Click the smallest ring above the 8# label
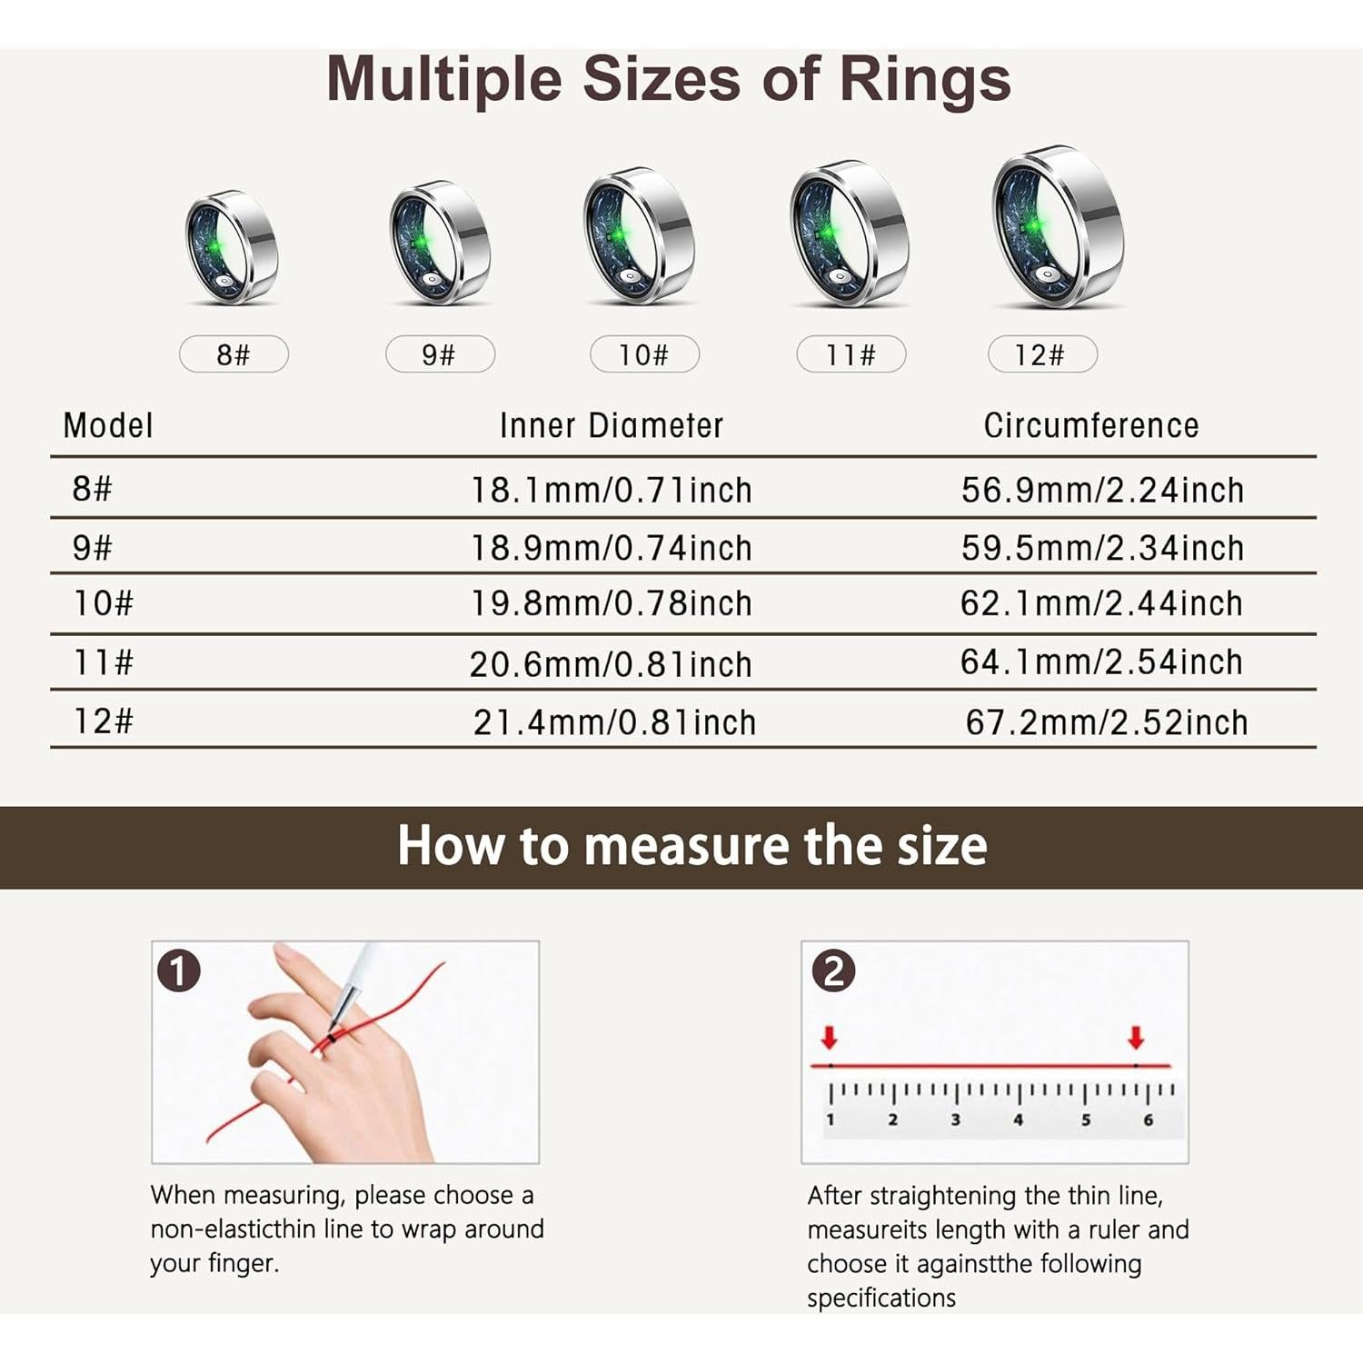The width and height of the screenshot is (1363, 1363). coord(231,246)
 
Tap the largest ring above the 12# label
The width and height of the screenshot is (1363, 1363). coord(1057,226)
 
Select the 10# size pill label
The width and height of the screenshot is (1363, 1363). coord(644,354)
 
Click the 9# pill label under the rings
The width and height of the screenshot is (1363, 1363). coord(440,354)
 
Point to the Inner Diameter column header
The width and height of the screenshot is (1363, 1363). coord(612,425)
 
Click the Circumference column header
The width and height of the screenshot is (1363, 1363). coord(1090,425)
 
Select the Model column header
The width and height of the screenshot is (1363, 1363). coord(108,425)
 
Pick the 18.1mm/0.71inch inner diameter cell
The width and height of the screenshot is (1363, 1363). coord(611,491)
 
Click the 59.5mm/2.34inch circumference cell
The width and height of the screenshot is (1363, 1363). coord(1102,548)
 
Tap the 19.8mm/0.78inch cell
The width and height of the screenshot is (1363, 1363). coord(611,604)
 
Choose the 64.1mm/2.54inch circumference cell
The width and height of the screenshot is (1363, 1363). coord(1101,662)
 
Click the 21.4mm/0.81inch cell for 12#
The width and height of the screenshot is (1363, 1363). coord(614,723)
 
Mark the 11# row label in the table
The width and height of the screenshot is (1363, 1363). coord(104,662)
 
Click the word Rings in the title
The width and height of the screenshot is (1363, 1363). coord(924,79)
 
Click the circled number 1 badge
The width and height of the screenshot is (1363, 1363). coord(179,970)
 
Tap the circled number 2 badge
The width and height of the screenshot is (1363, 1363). coord(833,970)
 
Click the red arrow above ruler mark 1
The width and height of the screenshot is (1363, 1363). coord(829,1038)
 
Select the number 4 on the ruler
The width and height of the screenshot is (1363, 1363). coord(1018,1120)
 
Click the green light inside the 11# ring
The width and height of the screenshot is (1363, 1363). coord(825,234)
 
